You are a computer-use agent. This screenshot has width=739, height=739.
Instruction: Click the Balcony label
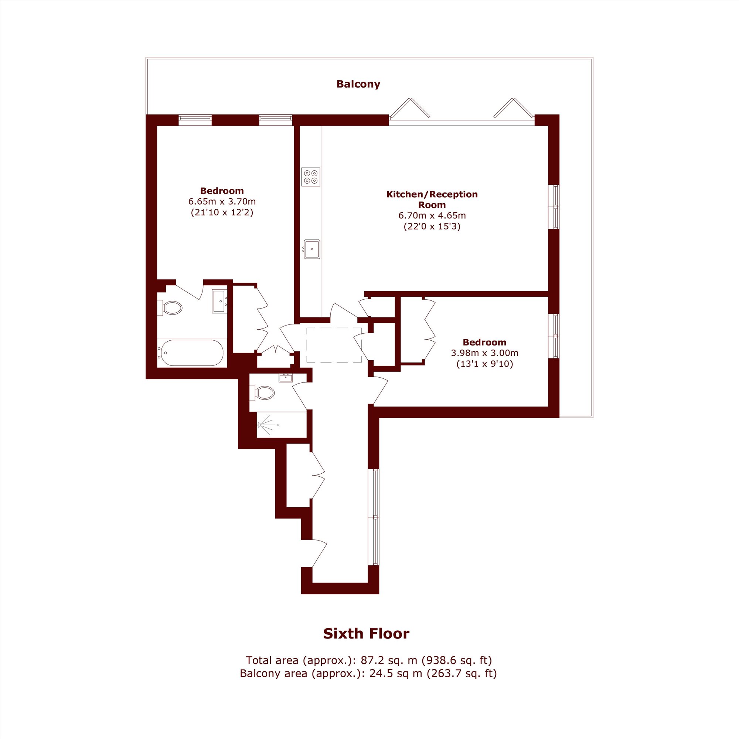click(x=358, y=84)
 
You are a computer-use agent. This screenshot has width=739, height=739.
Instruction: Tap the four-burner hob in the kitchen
click(x=310, y=177)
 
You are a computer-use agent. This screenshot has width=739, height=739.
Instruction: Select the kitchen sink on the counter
click(x=311, y=249)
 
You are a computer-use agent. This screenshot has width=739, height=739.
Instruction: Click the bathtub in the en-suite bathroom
click(x=192, y=353)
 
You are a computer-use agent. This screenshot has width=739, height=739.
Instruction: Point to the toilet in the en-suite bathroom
click(x=171, y=307)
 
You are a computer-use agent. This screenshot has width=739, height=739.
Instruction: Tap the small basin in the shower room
click(x=285, y=378)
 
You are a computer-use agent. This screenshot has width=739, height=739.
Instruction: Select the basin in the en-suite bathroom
click(x=219, y=302)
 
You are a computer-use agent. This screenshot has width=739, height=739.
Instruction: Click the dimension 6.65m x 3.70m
click(x=222, y=201)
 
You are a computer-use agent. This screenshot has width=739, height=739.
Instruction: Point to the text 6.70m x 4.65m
click(x=432, y=215)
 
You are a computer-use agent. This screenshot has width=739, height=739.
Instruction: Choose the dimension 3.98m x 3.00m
click(x=485, y=353)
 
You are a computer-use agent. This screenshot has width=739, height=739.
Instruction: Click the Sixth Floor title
click(x=366, y=633)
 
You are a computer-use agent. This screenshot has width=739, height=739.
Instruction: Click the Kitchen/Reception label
click(x=432, y=194)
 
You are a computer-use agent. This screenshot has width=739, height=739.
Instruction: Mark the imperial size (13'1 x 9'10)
click(x=485, y=364)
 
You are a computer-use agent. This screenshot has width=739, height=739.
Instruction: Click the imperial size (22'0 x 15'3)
click(x=432, y=227)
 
